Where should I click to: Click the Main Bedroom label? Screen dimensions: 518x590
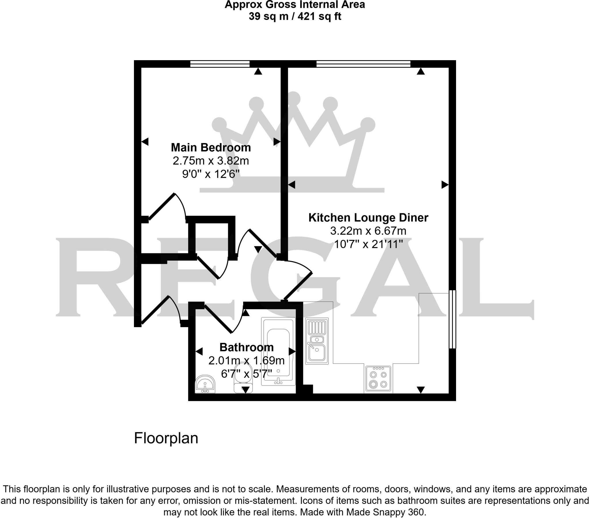211,147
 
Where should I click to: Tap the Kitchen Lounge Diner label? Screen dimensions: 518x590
368,218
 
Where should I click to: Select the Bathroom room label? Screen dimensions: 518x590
246,347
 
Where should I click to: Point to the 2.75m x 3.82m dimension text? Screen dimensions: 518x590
211,161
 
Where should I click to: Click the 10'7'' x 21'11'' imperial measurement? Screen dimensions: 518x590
368,244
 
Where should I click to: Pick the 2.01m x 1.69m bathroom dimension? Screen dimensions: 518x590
246,360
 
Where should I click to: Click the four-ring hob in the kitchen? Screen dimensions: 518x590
378,379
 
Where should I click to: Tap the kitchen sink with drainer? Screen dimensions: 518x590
317,341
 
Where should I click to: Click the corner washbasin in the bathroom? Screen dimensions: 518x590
205,384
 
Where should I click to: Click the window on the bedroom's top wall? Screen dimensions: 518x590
220,64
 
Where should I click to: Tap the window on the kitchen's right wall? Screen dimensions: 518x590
452,319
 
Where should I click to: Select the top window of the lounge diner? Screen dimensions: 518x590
363,64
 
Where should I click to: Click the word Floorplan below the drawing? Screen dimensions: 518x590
166,438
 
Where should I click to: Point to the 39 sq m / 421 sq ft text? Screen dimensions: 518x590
295,16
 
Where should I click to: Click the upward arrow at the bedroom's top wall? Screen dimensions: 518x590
258,71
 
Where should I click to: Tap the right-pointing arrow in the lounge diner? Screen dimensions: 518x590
445,184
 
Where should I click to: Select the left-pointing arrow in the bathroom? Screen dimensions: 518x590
199,352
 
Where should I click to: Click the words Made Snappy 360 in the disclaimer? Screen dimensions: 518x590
386,512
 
